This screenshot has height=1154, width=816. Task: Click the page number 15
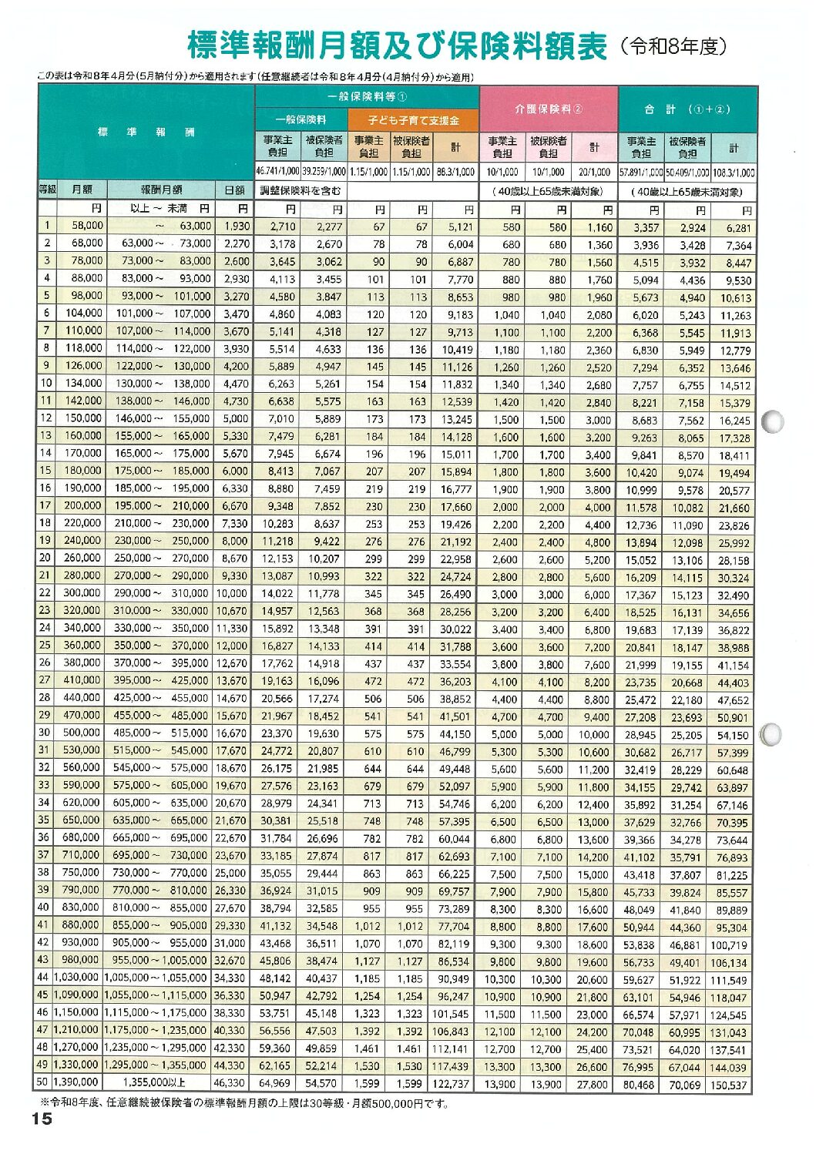coord(42,1119)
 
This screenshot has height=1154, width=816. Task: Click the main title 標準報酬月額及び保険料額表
coord(398,46)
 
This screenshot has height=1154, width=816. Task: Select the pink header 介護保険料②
coord(549,109)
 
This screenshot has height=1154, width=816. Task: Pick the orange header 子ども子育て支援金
coord(413,120)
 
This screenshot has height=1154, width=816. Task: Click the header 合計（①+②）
coord(687,109)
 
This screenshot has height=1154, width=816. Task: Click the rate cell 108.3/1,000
coord(733,173)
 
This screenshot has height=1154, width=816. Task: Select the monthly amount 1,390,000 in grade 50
coord(76,1082)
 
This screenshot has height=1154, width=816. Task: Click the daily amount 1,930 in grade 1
coord(237,226)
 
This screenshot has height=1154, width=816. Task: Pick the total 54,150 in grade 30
coord(732,736)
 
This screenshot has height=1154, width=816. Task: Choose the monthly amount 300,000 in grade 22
coord(82,593)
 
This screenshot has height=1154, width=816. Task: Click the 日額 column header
coord(234,190)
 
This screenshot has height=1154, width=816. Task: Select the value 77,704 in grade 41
coord(454,927)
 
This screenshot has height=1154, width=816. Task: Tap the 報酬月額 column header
coord(161,190)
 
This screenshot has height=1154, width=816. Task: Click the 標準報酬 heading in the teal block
coord(146,132)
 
